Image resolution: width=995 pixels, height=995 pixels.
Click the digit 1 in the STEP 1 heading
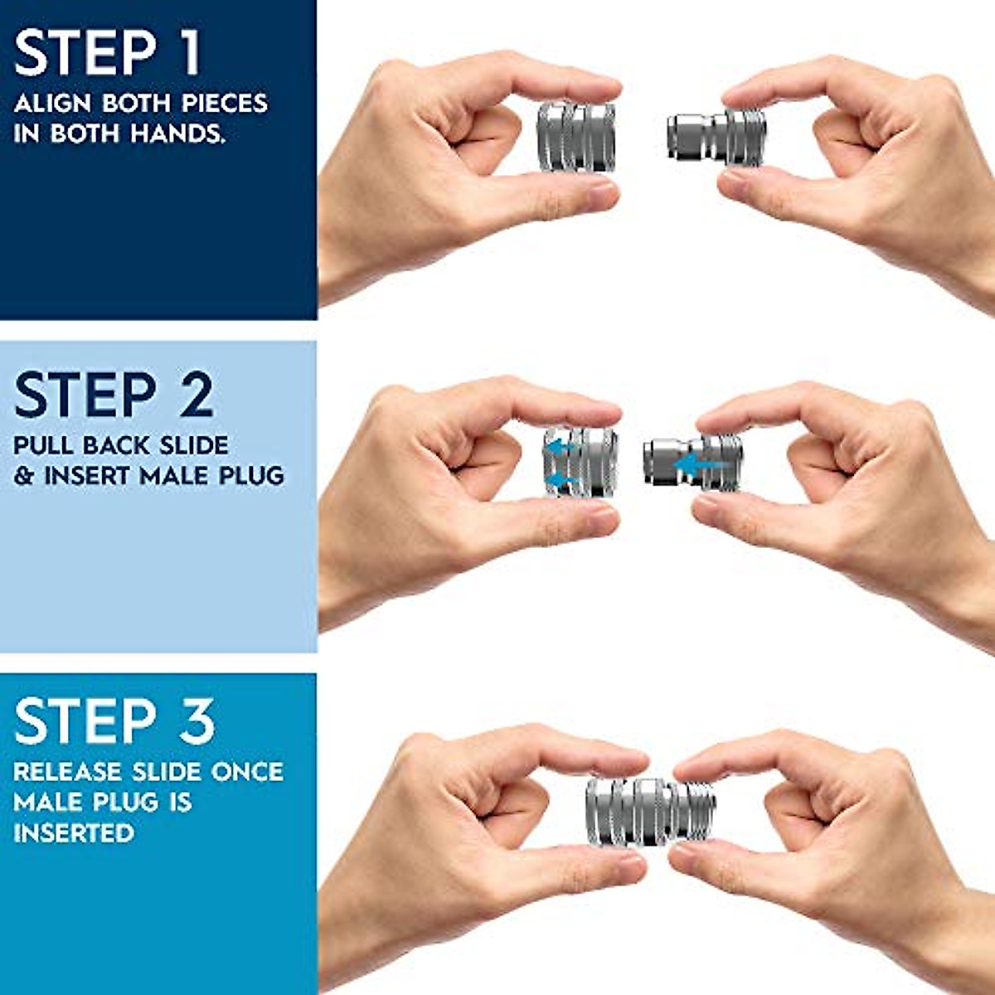pyautogui.click(x=189, y=54)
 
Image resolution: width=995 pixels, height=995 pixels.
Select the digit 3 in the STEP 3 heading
pyautogui.click(x=197, y=721)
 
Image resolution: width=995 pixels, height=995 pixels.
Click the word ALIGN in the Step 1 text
pyautogui.click(x=53, y=104)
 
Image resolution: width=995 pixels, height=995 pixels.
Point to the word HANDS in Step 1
pyautogui.click(x=178, y=133)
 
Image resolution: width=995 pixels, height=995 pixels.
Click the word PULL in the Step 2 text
pyautogui.click(x=44, y=445)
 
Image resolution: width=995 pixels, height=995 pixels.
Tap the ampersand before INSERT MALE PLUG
pyautogui.click(x=24, y=477)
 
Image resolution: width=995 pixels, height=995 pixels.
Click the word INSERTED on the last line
pyautogui.click(x=73, y=833)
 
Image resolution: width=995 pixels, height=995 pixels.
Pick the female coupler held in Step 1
pyautogui.click(x=576, y=137)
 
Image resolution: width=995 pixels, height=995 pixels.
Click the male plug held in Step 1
pyautogui.click(x=715, y=133)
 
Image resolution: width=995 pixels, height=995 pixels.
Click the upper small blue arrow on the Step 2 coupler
pyautogui.click(x=561, y=447)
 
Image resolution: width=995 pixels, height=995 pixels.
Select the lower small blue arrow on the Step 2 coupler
pyautogui.click(x=561, y=479)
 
